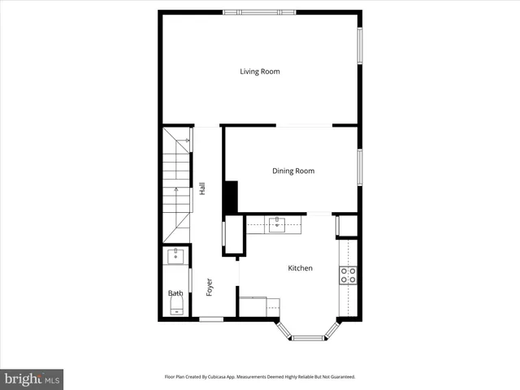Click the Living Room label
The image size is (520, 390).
259,71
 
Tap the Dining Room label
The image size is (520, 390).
292,171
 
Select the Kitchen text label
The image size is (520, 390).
300,268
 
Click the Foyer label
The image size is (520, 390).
209,287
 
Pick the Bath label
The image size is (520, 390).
175,293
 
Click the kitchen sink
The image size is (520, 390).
277,223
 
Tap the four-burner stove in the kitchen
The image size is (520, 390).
348,275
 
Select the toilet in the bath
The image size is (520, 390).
176,305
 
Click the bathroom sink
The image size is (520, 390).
175,256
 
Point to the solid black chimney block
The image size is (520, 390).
231,197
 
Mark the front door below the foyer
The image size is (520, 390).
211,319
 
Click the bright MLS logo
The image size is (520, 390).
32,379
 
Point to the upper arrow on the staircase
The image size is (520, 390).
188,141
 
